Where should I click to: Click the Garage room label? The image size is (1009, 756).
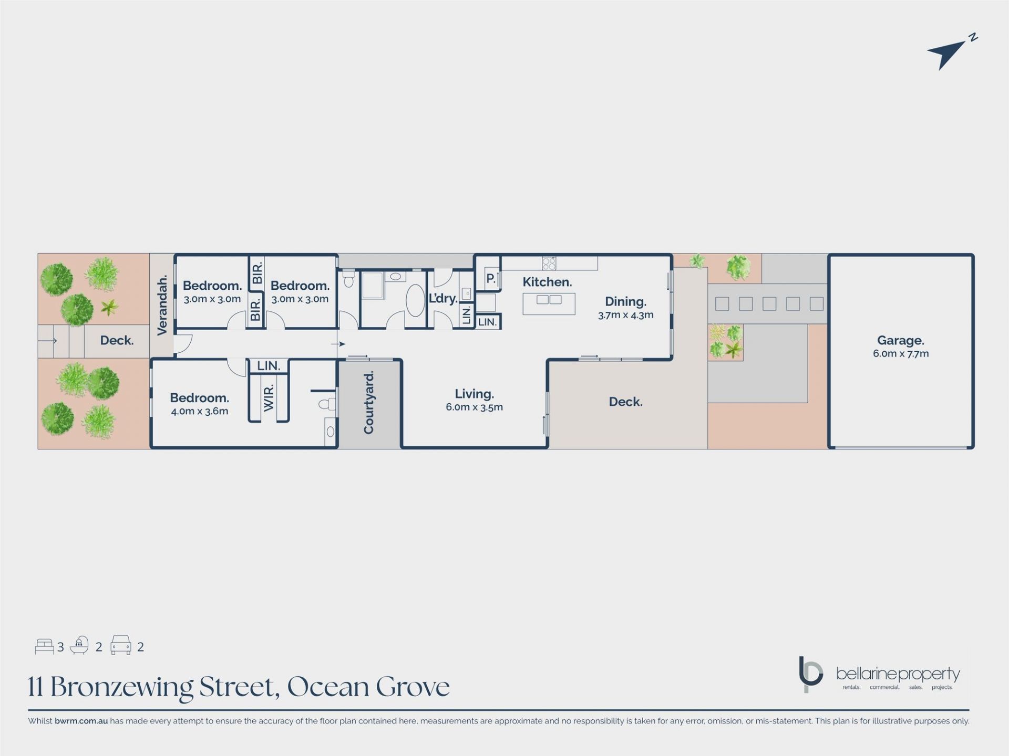click(901, 340)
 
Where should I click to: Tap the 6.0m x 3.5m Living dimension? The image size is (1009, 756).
click(474, 407)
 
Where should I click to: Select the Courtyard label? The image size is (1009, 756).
click(369, 403)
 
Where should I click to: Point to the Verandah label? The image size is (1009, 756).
click(162, 304)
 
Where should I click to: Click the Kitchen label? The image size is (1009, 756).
click(547, 282)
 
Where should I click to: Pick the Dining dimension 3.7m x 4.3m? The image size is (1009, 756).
click(625, 315)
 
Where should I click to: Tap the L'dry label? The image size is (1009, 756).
click(443, 298)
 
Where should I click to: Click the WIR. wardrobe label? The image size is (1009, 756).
click(269, 397)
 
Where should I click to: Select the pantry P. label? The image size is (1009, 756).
click(491, 279)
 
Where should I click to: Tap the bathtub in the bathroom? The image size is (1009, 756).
click(415, 300)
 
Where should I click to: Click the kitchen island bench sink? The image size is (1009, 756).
click(549, 300)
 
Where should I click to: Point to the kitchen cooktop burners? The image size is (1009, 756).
click(549, 263)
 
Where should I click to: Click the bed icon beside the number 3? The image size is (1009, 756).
click(44, 646)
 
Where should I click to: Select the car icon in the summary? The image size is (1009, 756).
click(120, 645)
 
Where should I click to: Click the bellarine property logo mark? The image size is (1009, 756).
click(810, 674)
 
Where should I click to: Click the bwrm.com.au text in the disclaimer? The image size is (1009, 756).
click(81, 721)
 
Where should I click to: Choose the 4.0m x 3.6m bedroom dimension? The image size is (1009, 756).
click(199, 411)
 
